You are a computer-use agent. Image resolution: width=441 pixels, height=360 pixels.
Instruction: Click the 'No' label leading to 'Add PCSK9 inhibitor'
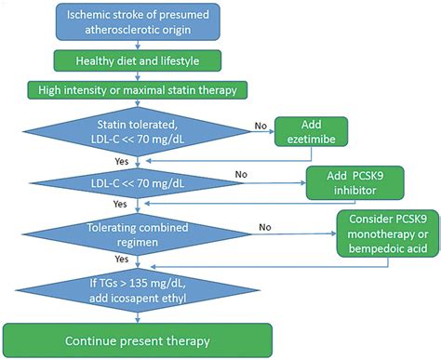click(240, 173)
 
